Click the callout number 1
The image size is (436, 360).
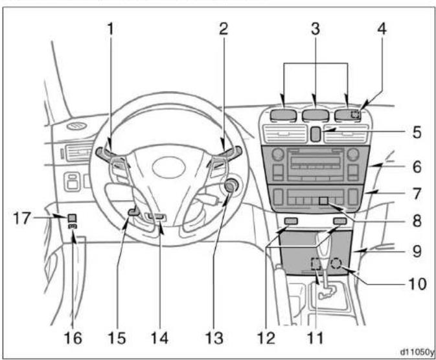coord(111,29)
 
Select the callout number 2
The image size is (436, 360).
coord(224,29)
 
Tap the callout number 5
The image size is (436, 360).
coord(417,132)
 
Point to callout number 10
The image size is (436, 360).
coord(417,284)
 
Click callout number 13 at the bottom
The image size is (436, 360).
coord(214,338)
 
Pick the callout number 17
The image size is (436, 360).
coord(21,218)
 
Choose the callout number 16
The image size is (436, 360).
coord(73,338)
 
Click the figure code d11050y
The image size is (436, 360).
coord(417,352)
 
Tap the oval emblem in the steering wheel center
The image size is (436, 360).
coord(169,167)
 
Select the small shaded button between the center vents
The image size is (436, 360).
coord(315,134)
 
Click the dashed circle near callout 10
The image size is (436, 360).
coord(336,263)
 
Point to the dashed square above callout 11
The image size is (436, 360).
coord(316,264)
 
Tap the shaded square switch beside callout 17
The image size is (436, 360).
coord(73,218)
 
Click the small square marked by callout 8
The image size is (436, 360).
coord(324,201)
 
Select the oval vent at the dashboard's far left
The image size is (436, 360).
coord(76,126)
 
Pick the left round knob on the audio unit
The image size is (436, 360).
coord(277,155)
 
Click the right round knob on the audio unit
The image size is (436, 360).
coord(353,155)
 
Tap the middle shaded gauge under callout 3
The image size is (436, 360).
coord(316,115)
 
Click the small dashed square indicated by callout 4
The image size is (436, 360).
coord(355,114)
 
